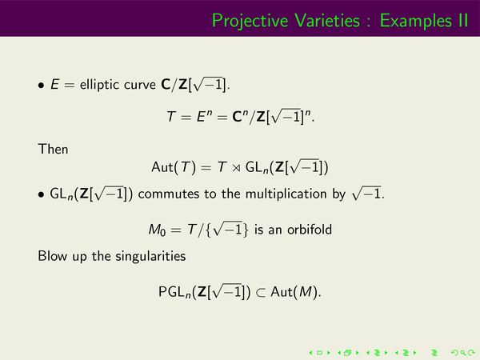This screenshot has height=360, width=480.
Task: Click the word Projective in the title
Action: coord(250,22)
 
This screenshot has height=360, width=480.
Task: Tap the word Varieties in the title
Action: coord(327,21)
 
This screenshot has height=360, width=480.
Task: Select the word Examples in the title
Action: coord(416,22)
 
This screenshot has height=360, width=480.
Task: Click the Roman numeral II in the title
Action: coord(463,21)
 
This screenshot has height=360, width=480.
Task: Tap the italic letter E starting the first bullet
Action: coord(54,85)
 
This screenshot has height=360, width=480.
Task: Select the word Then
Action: coord(53,150)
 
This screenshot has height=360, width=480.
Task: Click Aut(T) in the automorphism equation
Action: coord(174,167)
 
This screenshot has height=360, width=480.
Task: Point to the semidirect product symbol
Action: coord(236,168)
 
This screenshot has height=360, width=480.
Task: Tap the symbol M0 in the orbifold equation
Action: coord(157,230)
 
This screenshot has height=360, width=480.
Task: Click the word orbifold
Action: coord(310,230)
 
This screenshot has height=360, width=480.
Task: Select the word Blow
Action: coord(52,256)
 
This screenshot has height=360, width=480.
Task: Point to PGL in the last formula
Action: coord(172,292)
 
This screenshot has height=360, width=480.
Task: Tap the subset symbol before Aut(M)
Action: coord(261,294)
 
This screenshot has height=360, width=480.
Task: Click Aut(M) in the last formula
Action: coord(295,292)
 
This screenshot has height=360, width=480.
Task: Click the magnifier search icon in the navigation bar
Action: coord(463,353)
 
